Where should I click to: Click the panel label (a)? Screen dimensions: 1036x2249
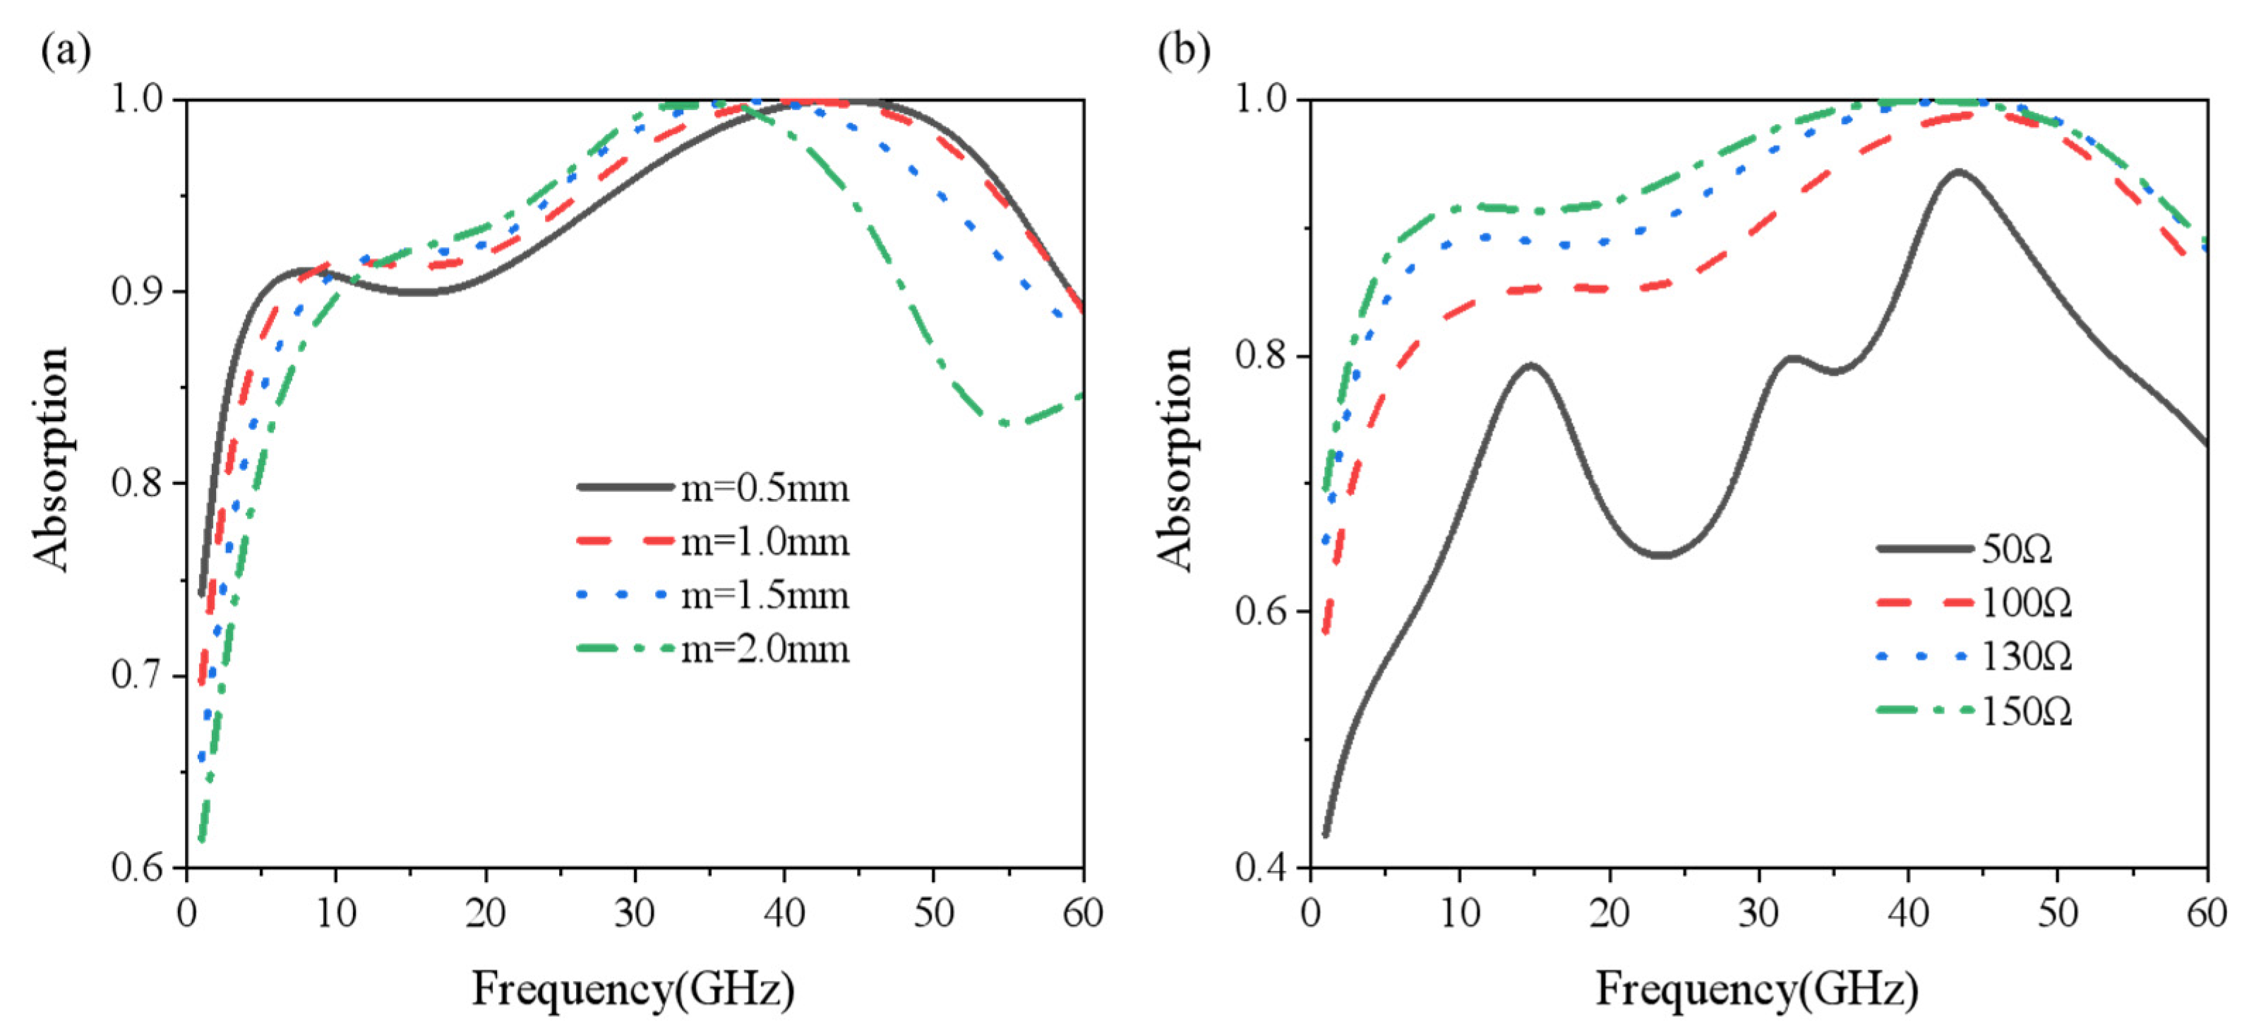tap(66, 51)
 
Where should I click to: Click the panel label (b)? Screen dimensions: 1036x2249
tap(1184, 51)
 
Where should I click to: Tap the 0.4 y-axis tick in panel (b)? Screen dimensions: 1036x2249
tap(1261, 869)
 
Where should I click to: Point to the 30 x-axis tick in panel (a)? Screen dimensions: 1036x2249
tap(635, 914)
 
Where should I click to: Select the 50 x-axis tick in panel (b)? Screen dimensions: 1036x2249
tap(2058, 914)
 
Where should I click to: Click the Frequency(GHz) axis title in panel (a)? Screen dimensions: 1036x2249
tap(633, 989)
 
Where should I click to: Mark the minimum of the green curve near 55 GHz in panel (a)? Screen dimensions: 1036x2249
tap(1006, 424)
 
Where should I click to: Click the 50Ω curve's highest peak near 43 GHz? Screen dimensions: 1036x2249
tap(1958, 172)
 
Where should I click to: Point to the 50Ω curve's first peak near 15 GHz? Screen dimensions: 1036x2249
tap(1530, 365)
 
